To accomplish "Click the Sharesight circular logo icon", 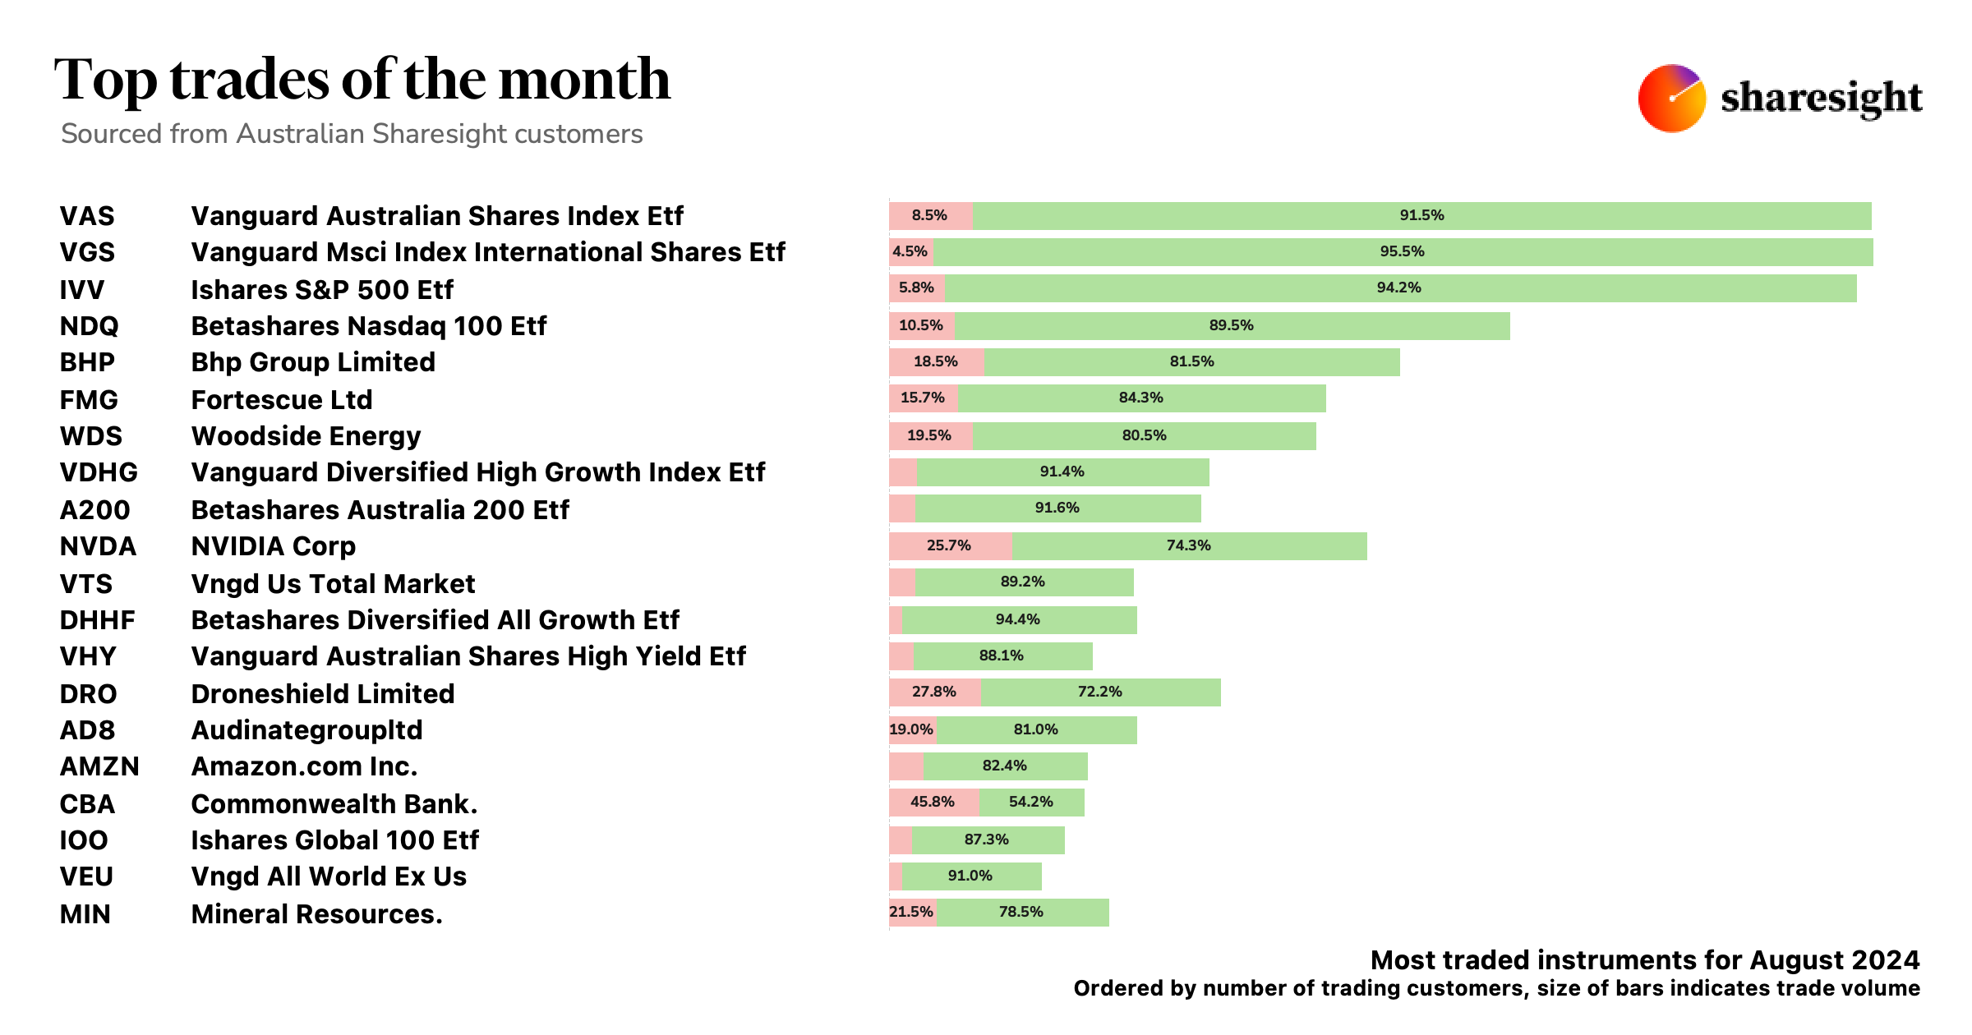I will [1671, 99].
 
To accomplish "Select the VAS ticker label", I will [87, 216].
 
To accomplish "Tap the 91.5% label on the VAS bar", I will [1421, 215].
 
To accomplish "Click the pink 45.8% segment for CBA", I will [933, 802].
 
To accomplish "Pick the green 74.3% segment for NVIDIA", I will [1188, 545].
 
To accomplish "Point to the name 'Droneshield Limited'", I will [322, 694].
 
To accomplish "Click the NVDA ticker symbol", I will [98, 546].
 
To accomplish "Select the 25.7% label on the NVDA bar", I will [948, 545].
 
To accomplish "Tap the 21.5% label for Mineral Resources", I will [911, 912].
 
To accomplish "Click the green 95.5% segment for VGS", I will [1402, 251].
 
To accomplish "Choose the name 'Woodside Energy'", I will [306, 436].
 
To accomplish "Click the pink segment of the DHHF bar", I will [896, 620].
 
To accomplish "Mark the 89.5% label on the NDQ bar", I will [1231, 325].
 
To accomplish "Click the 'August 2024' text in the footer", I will [1834, 960].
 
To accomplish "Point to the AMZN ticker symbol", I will [99, 766].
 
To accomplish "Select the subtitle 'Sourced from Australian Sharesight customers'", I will [352, 134].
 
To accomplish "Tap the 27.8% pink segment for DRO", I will [934, 692].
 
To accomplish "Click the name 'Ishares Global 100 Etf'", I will [334, 840].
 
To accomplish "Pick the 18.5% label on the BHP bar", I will [935, 361].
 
